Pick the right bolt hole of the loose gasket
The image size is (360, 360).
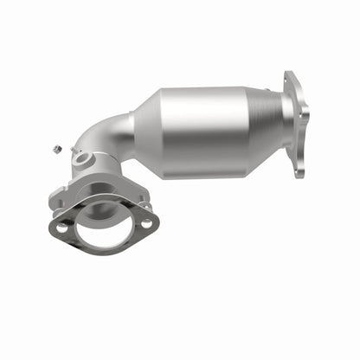(146, 223)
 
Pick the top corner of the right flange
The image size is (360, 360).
(288, 74)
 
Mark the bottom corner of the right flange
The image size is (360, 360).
(299, 176)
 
